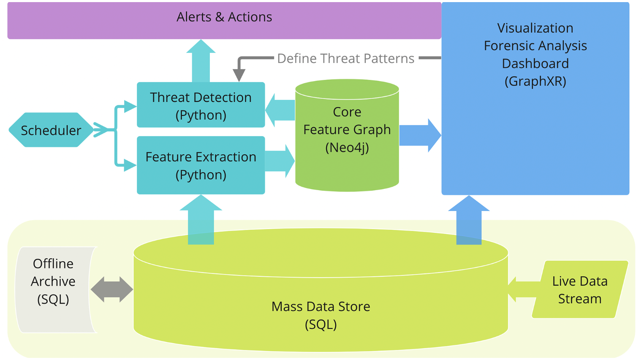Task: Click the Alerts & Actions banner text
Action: click(224, 17)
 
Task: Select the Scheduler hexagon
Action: click(51, 130)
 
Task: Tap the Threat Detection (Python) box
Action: click(201, 105)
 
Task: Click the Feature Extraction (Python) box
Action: click(201, 165)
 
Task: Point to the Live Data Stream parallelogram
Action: click(579, 290)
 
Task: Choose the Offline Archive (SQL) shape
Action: click(53, 281)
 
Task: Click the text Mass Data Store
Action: click(321, 306)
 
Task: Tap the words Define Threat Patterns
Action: click(345, 58)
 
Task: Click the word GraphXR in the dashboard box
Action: click(535, 81)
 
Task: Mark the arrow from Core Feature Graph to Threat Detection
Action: click(280, 110)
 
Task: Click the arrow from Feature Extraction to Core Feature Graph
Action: click(280, 161)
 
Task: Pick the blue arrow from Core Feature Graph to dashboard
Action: click(420, 135)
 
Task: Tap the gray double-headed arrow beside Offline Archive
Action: click(112, 290)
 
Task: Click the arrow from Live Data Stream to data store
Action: click(524, 290)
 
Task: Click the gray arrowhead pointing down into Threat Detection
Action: click(239, 74)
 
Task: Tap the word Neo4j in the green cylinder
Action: click(347, 147)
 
